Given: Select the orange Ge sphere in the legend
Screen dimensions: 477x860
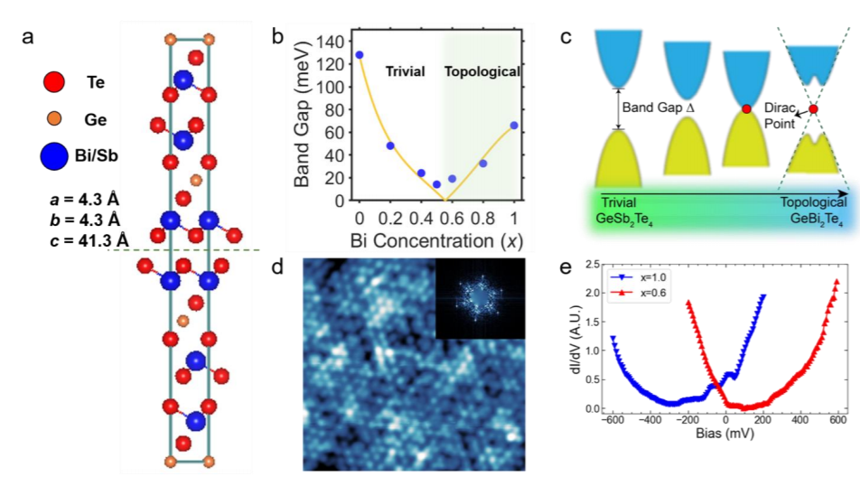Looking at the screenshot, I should pyautogui.click(x=53, y=118).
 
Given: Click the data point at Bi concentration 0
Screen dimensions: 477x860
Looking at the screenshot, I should pyautogui.click(x=360, y=55).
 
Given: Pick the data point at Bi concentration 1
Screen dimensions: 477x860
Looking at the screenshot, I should pyautogui.click(x=514, y=126).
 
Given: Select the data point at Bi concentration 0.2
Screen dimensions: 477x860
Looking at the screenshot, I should pyautogui.click(x=390, y=145).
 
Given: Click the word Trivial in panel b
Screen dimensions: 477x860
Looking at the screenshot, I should pyautogui.click(x=405, y=70).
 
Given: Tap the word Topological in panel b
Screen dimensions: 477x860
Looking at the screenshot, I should pyautogui.click(x=483, y=70).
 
